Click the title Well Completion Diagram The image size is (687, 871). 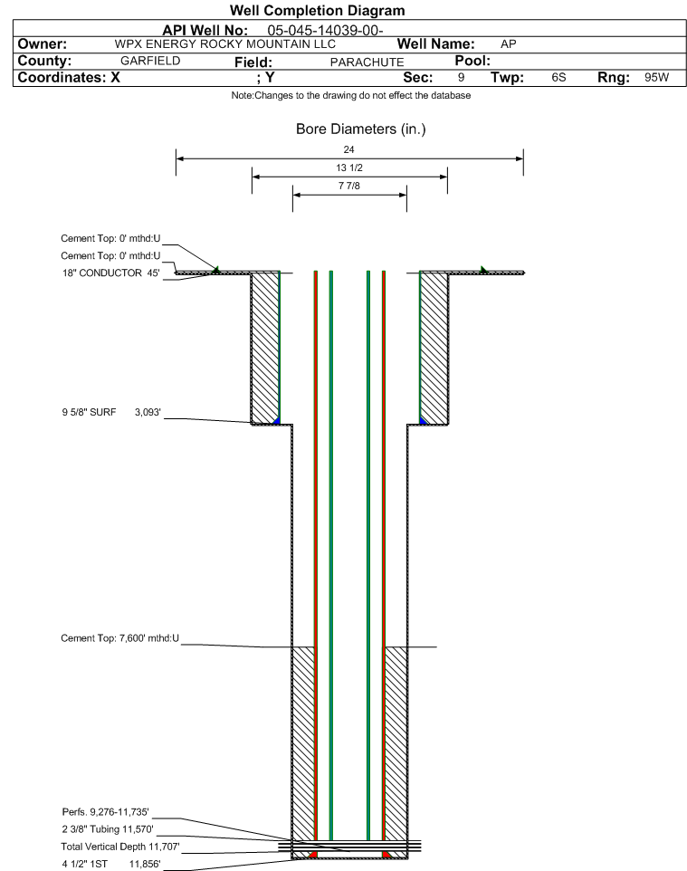(x=318, y=11)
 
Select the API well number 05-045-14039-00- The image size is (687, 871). (x=326, y=31)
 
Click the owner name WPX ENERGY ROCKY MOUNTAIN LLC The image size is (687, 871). (x=225, y=44)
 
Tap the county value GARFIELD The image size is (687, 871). (x=150, y=61)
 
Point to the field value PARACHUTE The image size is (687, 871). (x=367, y=62)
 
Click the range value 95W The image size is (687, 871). (x=657, y=77)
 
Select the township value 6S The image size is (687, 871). (x=558, y=77)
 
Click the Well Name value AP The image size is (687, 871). (x=508, y=44)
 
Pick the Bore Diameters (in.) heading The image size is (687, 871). (x=361, y=129)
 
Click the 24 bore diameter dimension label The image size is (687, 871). (x=348, y=149)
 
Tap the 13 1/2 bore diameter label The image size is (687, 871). (x=349, y=167)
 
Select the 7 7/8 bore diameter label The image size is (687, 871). (x=349, y=187)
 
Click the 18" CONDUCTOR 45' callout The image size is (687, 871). (x=111, y=273)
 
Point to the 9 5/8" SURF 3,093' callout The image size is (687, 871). (x=111, y=412)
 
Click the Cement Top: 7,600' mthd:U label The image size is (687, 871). (x=120, y=638)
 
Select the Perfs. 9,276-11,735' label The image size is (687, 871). (x=106, y=812)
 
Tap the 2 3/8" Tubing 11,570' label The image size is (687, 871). (x=108, y=829)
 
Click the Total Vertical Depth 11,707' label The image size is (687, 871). (x=120, y=847)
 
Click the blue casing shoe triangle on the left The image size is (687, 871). (x=276, y=420)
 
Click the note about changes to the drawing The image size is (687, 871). (x=351, y=96)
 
